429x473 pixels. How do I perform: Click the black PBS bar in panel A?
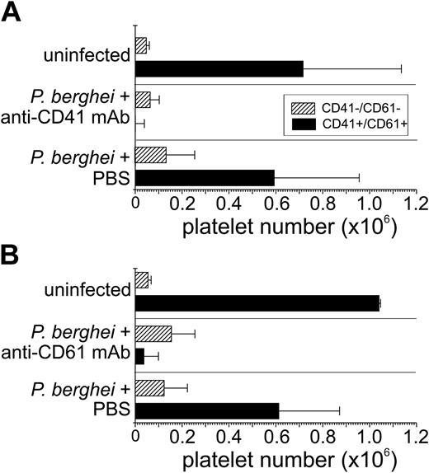[x=204, y=178]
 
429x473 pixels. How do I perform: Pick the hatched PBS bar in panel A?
[x=150, y=155]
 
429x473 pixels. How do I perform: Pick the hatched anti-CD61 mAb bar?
[x=153, y=333]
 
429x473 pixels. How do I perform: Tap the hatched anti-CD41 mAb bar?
[x=142, y=100]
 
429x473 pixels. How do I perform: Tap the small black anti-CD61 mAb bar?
[x=139, y=356]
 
